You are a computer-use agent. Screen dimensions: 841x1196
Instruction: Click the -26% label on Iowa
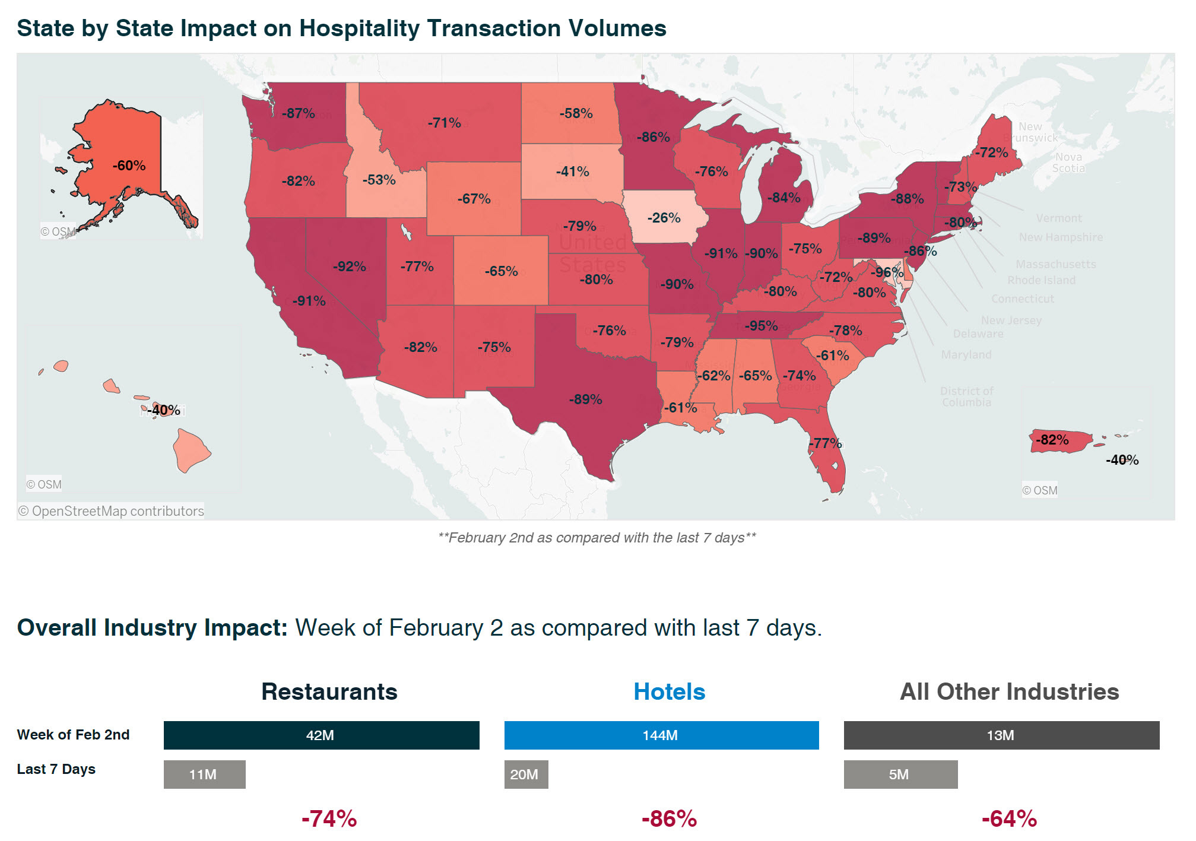tap(664, 218)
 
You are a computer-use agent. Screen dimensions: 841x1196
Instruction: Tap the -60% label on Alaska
tap(129, 166)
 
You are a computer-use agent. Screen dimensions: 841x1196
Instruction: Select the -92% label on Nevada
tap(349, 266)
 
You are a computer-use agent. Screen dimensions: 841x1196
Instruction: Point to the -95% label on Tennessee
tap(761, 326)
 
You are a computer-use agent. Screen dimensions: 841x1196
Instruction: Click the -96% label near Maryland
tap(886, 272)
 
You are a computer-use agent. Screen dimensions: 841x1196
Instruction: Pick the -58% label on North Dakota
tap(576, 113)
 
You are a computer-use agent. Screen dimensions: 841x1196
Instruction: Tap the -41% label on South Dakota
tap(572, 172)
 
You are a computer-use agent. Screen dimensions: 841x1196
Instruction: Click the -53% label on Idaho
tap(379, 180)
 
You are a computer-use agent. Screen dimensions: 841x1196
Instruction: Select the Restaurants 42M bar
tap(321, 735)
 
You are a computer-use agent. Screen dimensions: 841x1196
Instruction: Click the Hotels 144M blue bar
tap(661, 735)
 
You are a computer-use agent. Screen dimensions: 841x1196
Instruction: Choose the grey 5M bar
tap(900, 775)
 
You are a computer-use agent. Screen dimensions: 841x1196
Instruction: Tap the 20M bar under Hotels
tap(526, 775)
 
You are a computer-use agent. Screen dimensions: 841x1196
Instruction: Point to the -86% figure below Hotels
tap(669, 819)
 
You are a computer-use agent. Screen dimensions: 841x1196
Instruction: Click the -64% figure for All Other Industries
tap(1009, 819)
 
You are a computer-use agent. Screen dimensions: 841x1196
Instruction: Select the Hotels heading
tap(669, 692)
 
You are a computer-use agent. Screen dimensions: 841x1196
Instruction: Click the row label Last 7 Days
tap(56, 769)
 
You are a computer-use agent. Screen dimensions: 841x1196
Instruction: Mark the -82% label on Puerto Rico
tap(1052, 440)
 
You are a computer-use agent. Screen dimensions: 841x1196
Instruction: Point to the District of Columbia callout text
tap(966, 396)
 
